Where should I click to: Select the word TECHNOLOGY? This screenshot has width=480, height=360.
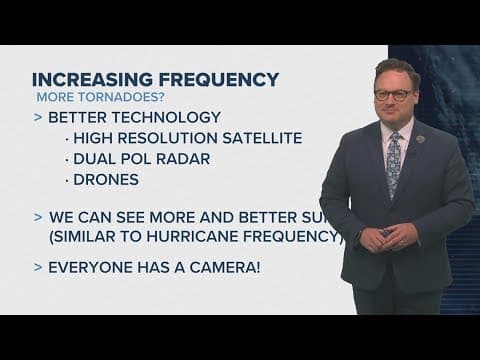[159, 119]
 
